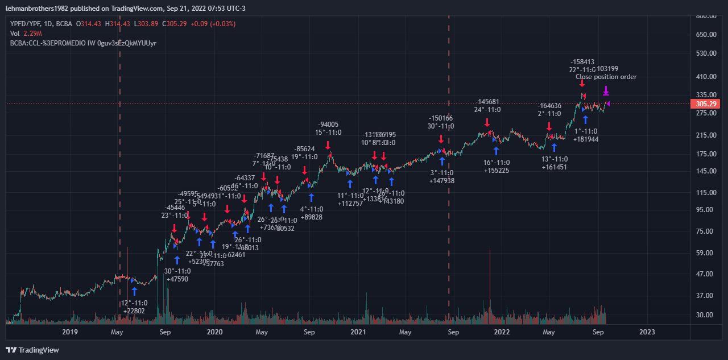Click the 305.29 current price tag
pos(705,104)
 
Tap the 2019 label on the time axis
pos(69,332)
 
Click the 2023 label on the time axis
pos(647,332)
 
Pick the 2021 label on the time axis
pos(358,332)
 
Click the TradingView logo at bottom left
pos(32,350)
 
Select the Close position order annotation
pos(606,77)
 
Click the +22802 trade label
pos(134,311)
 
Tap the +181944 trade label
pos(586,139)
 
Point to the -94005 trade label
pos(328,125)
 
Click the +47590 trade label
pos(177,279)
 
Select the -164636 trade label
pos(549,106)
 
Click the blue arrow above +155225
pos(496,151)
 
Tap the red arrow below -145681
pos(487,122)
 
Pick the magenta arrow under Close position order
pos(606,91)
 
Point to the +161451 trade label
pos(555,167)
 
